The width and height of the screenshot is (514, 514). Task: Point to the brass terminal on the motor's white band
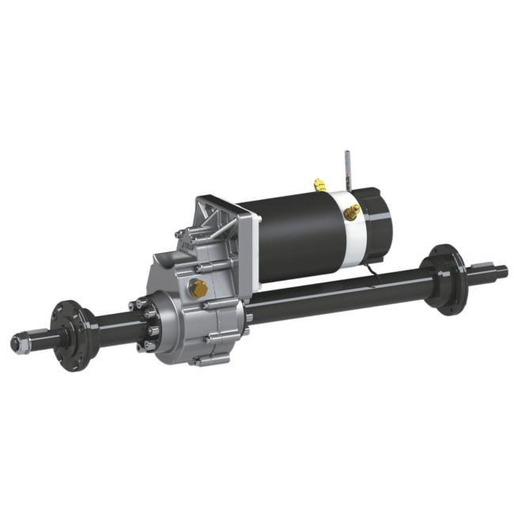351,210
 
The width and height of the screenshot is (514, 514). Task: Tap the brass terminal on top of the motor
319,186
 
